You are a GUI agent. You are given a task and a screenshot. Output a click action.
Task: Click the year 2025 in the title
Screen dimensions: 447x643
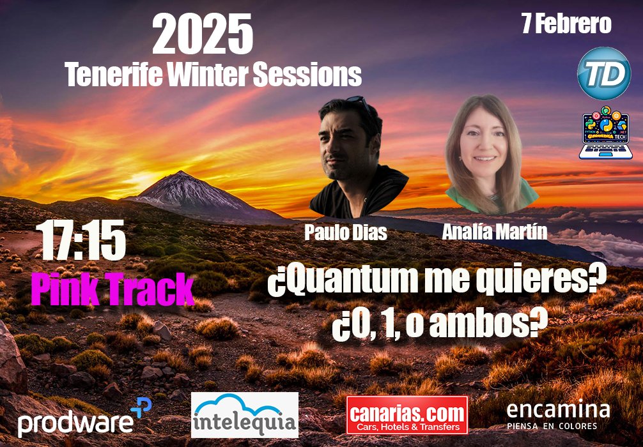203,36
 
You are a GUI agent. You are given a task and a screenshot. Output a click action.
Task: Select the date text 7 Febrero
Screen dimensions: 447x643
566,24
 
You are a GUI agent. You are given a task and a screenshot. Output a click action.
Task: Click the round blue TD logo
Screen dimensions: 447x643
604,74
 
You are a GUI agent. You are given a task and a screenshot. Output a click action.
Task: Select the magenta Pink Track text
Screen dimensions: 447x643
112,290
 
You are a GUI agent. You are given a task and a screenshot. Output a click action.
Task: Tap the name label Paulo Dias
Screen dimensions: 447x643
345,233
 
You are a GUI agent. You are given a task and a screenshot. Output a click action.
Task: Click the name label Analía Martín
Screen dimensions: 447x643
494,231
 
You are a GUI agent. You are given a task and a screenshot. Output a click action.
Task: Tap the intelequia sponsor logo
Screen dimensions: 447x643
245,415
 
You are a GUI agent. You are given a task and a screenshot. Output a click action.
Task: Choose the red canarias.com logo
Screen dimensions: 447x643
407,415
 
